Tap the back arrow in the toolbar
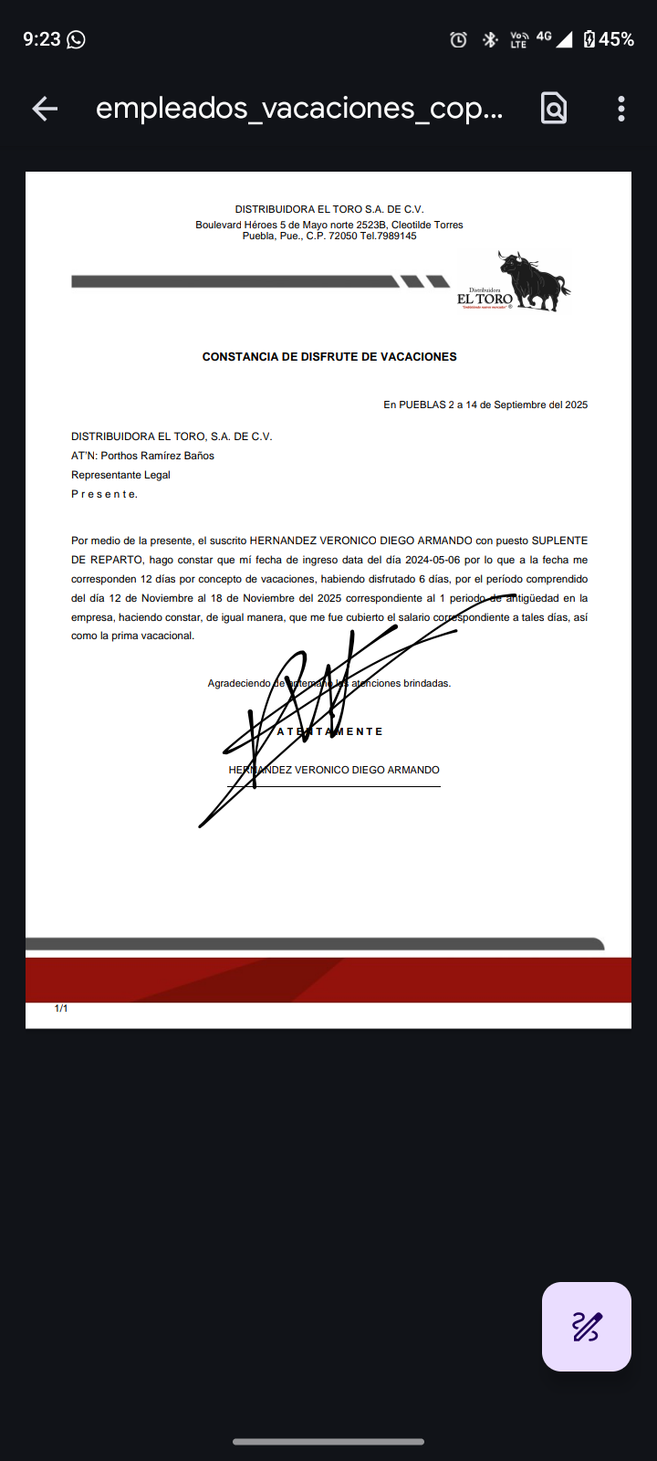(x=45, y=109)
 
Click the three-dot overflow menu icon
(x=621, y=109)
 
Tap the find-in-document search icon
(x=554, y=109)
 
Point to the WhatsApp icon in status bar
(x=77, y=39)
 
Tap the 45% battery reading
(x=616, y=39)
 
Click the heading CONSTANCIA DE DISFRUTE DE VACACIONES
(x=329, y=357)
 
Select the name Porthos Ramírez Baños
(x=157, y=456)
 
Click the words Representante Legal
(x=120, y=475)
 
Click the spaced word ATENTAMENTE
(x=329, y=731)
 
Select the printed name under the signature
(x=334, y=770)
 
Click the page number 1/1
(x=61, y=1008)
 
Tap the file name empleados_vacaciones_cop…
(x=299, y=109)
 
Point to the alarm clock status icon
(x=459, y=39)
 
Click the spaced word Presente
(x=104, y=494)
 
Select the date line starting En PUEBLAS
(x=485, y=405)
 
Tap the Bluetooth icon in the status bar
(x=490, y=39)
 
